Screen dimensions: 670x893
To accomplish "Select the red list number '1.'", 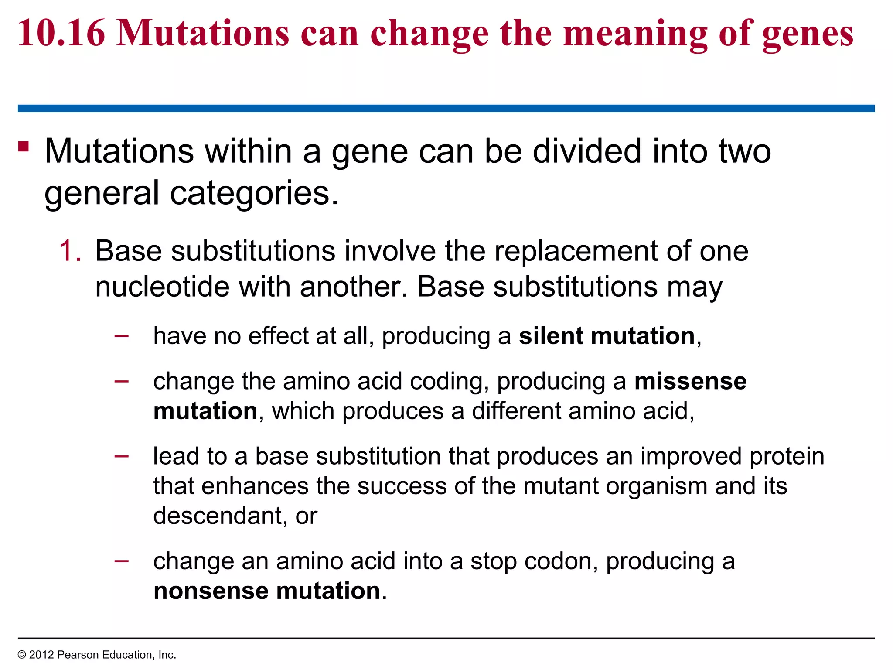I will pos(70,251).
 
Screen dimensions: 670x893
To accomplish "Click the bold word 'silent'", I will pos(551,336).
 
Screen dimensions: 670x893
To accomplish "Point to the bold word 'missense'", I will pos(690,381).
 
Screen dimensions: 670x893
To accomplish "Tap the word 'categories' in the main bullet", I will pos(250,193).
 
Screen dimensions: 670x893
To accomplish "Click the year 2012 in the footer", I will pos(41,655).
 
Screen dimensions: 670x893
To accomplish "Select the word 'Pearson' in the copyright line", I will pos(75,655).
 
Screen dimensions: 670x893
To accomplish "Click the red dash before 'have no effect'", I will pos(121,336).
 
